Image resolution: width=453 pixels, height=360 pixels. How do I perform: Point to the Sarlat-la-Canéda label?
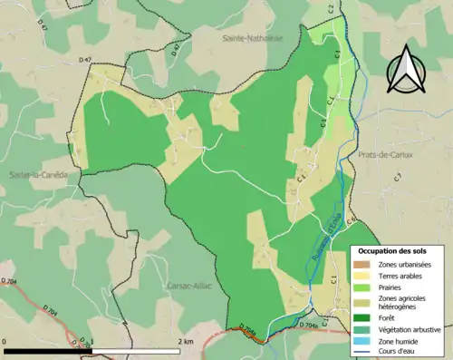click(x=33, y=175)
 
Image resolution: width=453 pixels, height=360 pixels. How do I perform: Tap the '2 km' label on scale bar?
click(x=186, y=342)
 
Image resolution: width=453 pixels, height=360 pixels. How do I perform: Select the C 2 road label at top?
click(x=332, y=7)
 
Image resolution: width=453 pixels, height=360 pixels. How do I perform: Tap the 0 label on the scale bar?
click(x=5, y=342)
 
